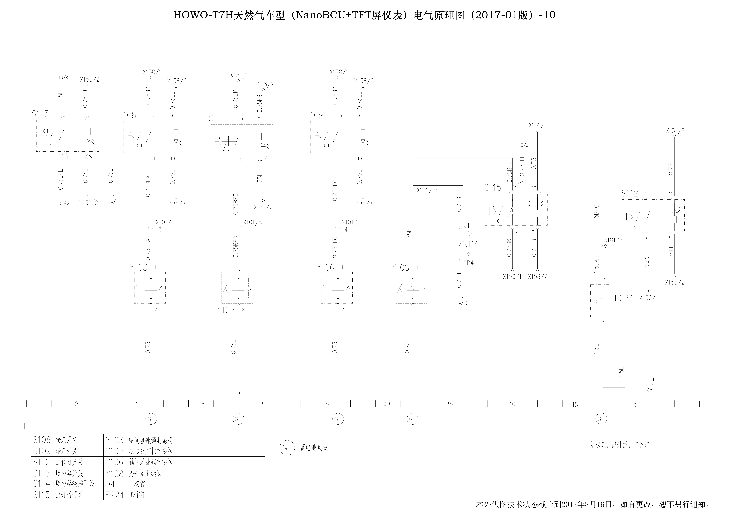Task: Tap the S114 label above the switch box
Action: [x=217, y=118]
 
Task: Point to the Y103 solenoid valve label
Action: [x=139, y=268]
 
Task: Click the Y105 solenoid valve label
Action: [x=226, y=310]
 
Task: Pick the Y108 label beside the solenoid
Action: [x=400, y=268]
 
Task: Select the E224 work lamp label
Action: [x=624, y=298]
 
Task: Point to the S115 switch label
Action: [x=492, y=188]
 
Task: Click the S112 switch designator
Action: [x=630, y=193]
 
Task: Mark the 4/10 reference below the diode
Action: [x=463, y=303]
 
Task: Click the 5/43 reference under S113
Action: [x=64, y=203]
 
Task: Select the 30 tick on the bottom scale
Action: [x=387, y=404]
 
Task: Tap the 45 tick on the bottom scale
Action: [x=575, y=404]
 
